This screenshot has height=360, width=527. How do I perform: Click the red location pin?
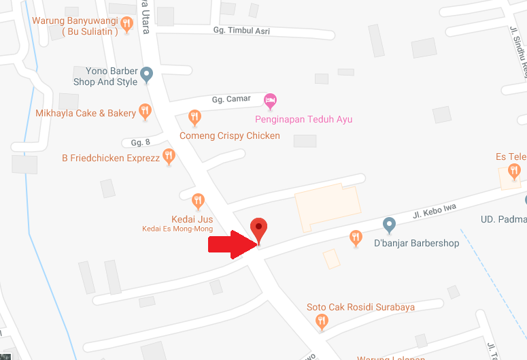[x=258, y=228]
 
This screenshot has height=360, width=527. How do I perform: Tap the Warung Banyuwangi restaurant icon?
[x=126, y=24]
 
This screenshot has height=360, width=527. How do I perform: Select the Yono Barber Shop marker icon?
[x=146, y=76]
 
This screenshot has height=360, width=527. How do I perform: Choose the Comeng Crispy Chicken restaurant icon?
[x=194, y=118]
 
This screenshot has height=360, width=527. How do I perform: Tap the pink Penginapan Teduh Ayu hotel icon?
[x=271, y=102]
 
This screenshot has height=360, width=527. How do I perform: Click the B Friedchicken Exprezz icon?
[x=169, y=157]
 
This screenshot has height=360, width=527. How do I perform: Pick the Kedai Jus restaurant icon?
[x=198, y=201]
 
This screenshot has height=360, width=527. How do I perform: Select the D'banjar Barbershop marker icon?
[x=389, y=224]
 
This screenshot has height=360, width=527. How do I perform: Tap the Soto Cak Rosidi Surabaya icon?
[x=322, y=323]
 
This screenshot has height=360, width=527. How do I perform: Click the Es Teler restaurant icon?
[x=514, y=170]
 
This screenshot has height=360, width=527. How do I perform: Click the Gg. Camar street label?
[x=231, y=99]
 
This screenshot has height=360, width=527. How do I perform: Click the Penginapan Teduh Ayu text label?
[x=303, y=120]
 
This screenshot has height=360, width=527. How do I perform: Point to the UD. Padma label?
[x=503, y=219]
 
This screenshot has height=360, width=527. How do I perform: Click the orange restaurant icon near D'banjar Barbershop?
[x=355, y=237]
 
